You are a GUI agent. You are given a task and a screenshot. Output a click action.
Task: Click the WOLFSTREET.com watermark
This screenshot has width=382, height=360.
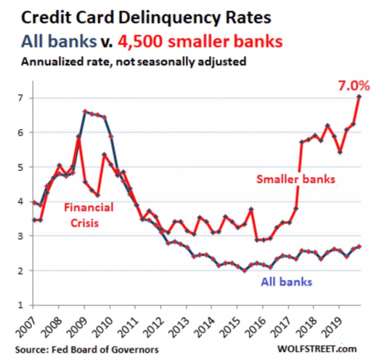[x=325, y=350]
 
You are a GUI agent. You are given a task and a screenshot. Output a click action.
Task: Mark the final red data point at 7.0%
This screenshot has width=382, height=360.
[x=359, y=97]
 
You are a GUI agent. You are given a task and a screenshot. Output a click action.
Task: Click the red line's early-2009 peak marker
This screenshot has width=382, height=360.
[x=78, y=140]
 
